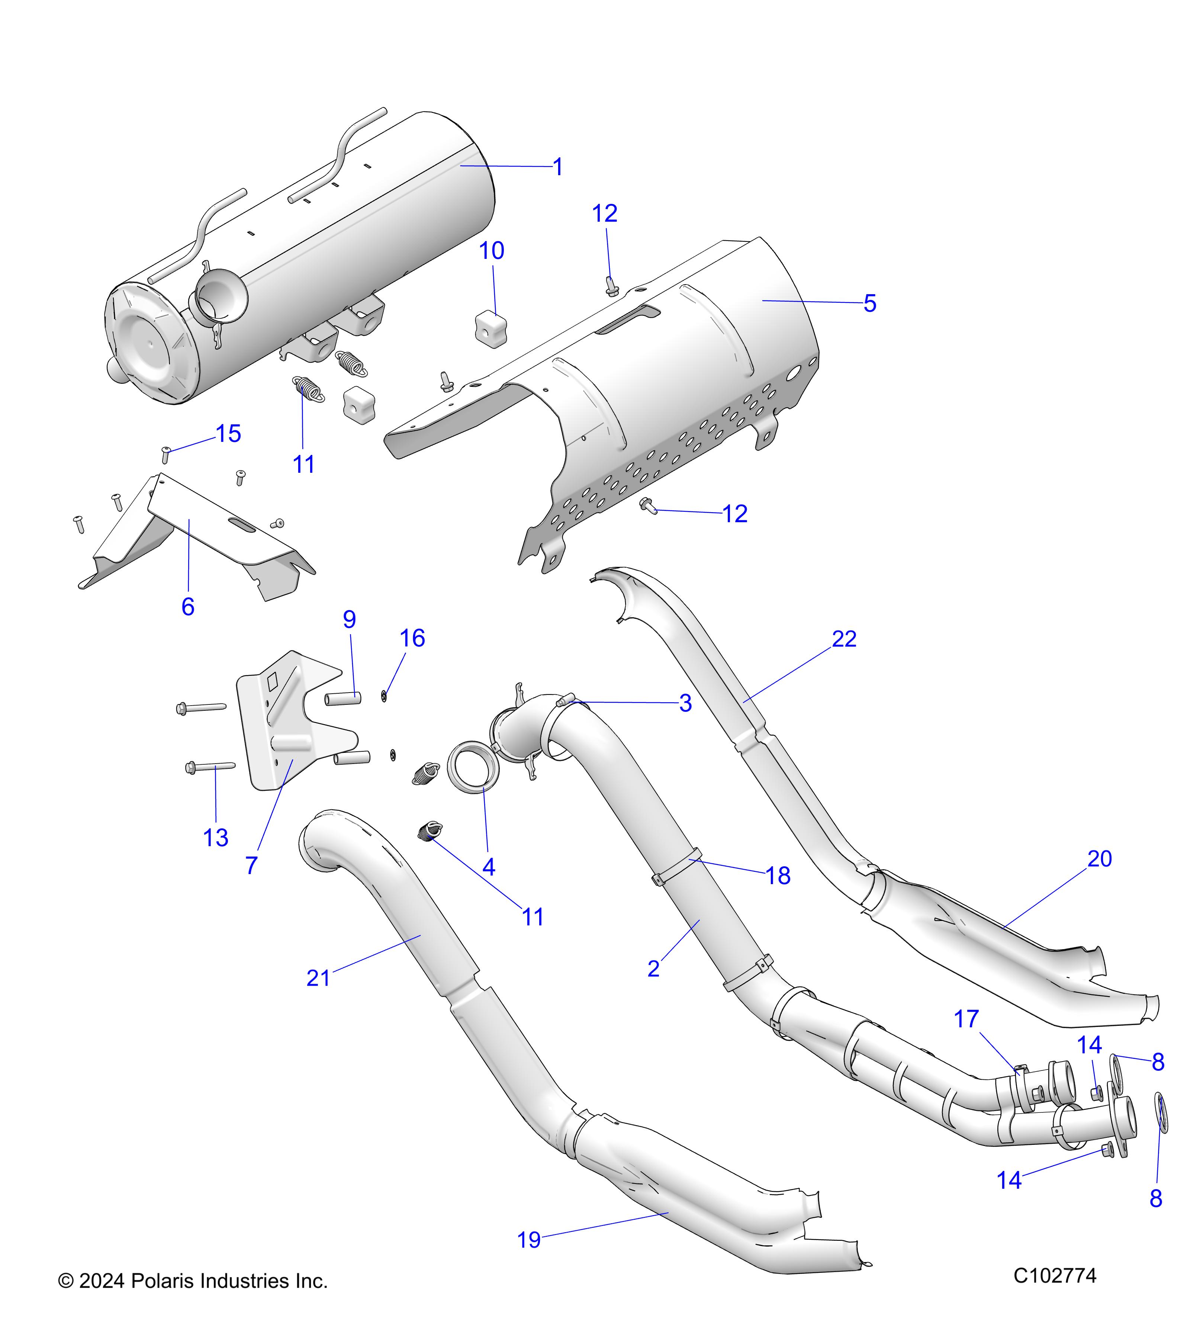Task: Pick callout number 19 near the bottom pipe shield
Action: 529,1240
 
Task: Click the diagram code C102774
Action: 1054,1275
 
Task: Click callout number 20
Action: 1100,858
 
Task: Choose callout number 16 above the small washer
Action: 413,638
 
